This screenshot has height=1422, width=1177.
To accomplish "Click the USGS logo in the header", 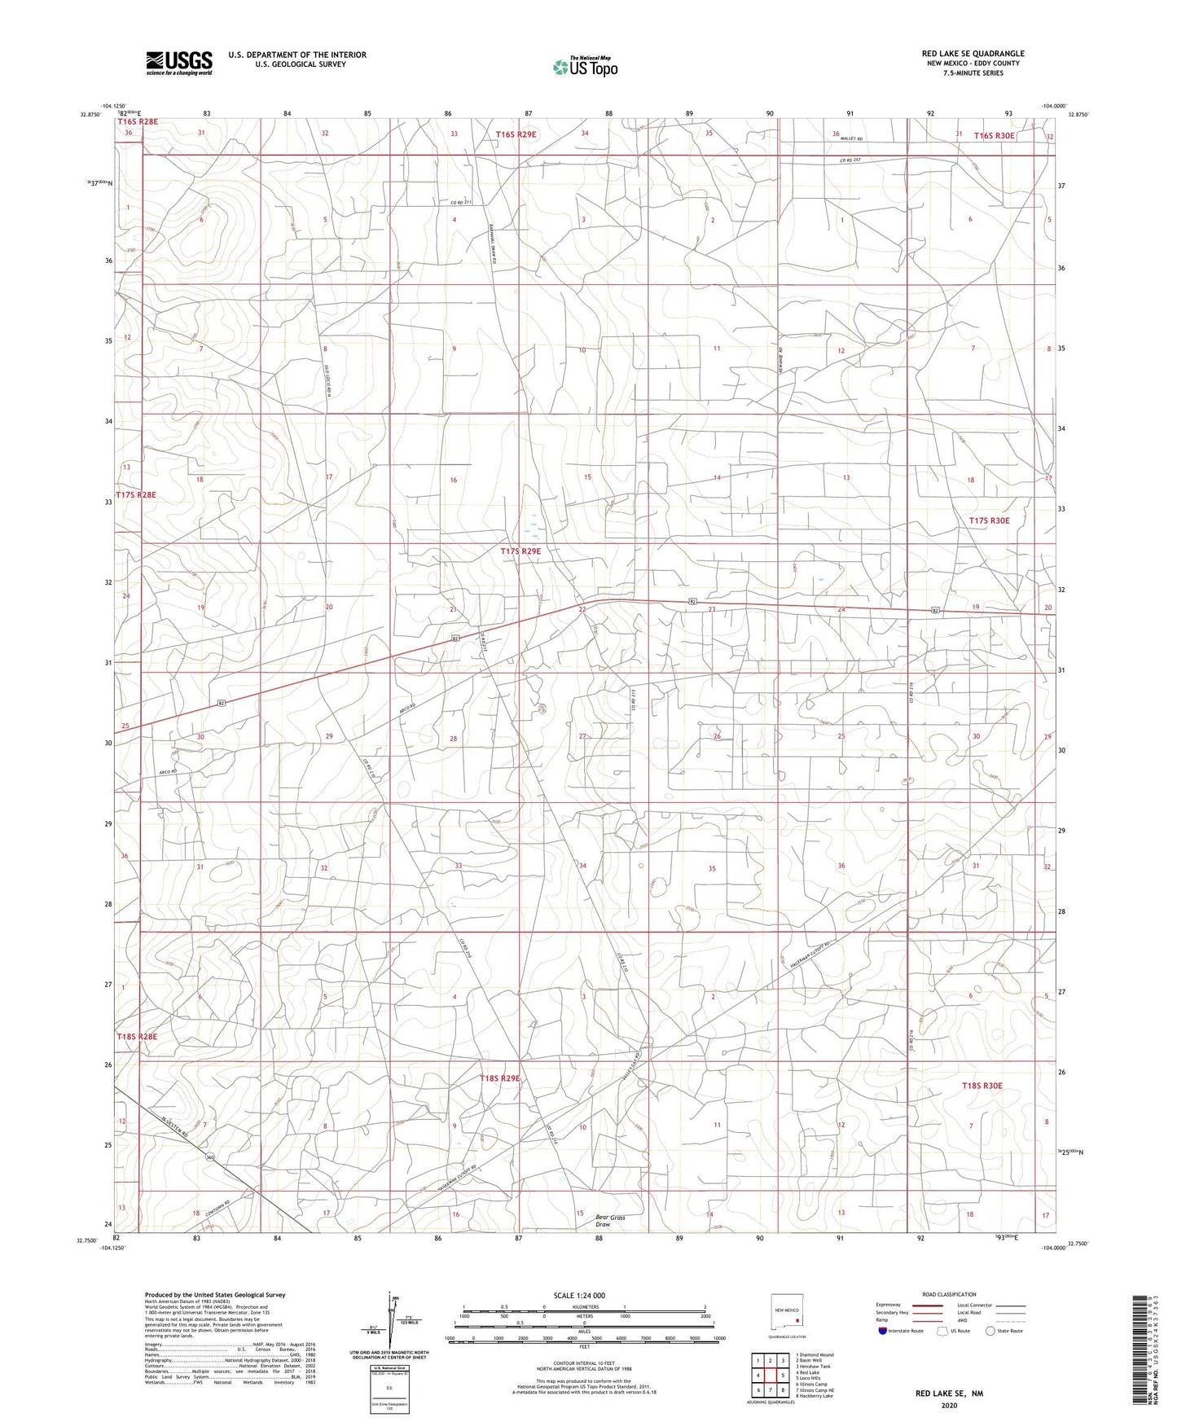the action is click(x=179, y=62).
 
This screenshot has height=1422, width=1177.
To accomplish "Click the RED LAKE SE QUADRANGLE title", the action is click(x=973, y=54).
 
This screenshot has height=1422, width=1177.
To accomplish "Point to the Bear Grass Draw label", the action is click(x=610, y=1221).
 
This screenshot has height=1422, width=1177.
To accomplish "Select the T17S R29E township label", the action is click(x=520, y=551).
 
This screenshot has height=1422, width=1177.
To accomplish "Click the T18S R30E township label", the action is click(x=982, y=1086).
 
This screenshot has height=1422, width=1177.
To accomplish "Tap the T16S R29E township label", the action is click(x=516, y=134).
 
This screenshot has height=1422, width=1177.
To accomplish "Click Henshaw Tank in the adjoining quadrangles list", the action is click(x=815, y=1366).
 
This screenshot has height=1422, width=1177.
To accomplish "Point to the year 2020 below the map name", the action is click(x=949, y=1405).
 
